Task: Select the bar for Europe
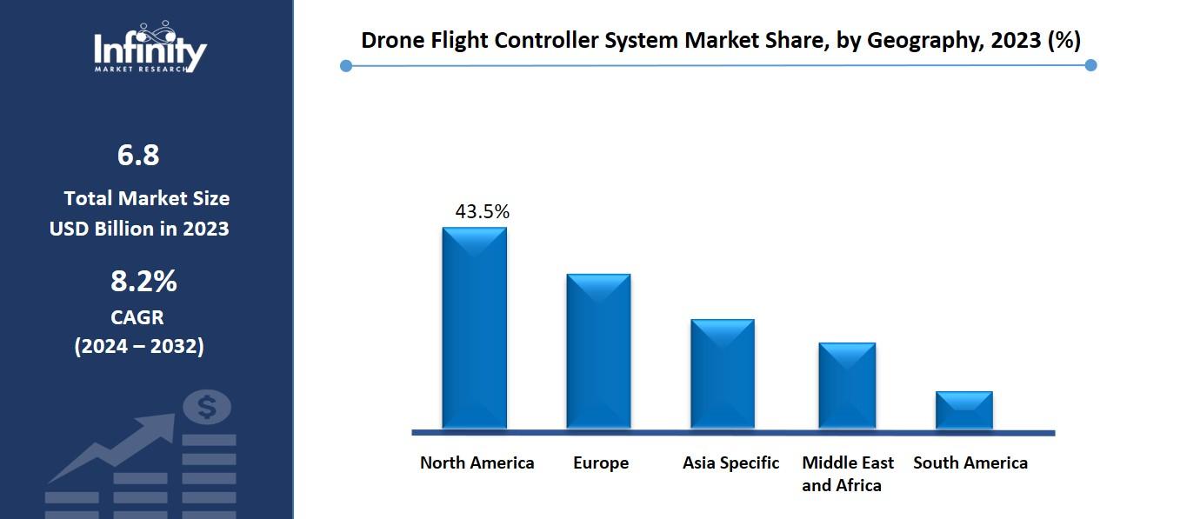point(598,351)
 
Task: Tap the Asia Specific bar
point(723,374)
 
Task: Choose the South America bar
point(963,409)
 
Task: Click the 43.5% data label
point(482,211)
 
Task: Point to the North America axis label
point(477,462)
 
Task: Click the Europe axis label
point(600,462)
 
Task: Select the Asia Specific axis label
point(730,462)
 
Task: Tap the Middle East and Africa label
point(847,474)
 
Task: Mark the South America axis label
point(970,462)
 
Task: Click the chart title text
point(720,40)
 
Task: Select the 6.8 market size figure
point(138,156)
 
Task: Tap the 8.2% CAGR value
point(143,282)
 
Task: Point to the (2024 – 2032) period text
point(139,346)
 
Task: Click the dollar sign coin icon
point(207,406)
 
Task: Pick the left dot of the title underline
point(346,65)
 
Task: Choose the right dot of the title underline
point(1091,65)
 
